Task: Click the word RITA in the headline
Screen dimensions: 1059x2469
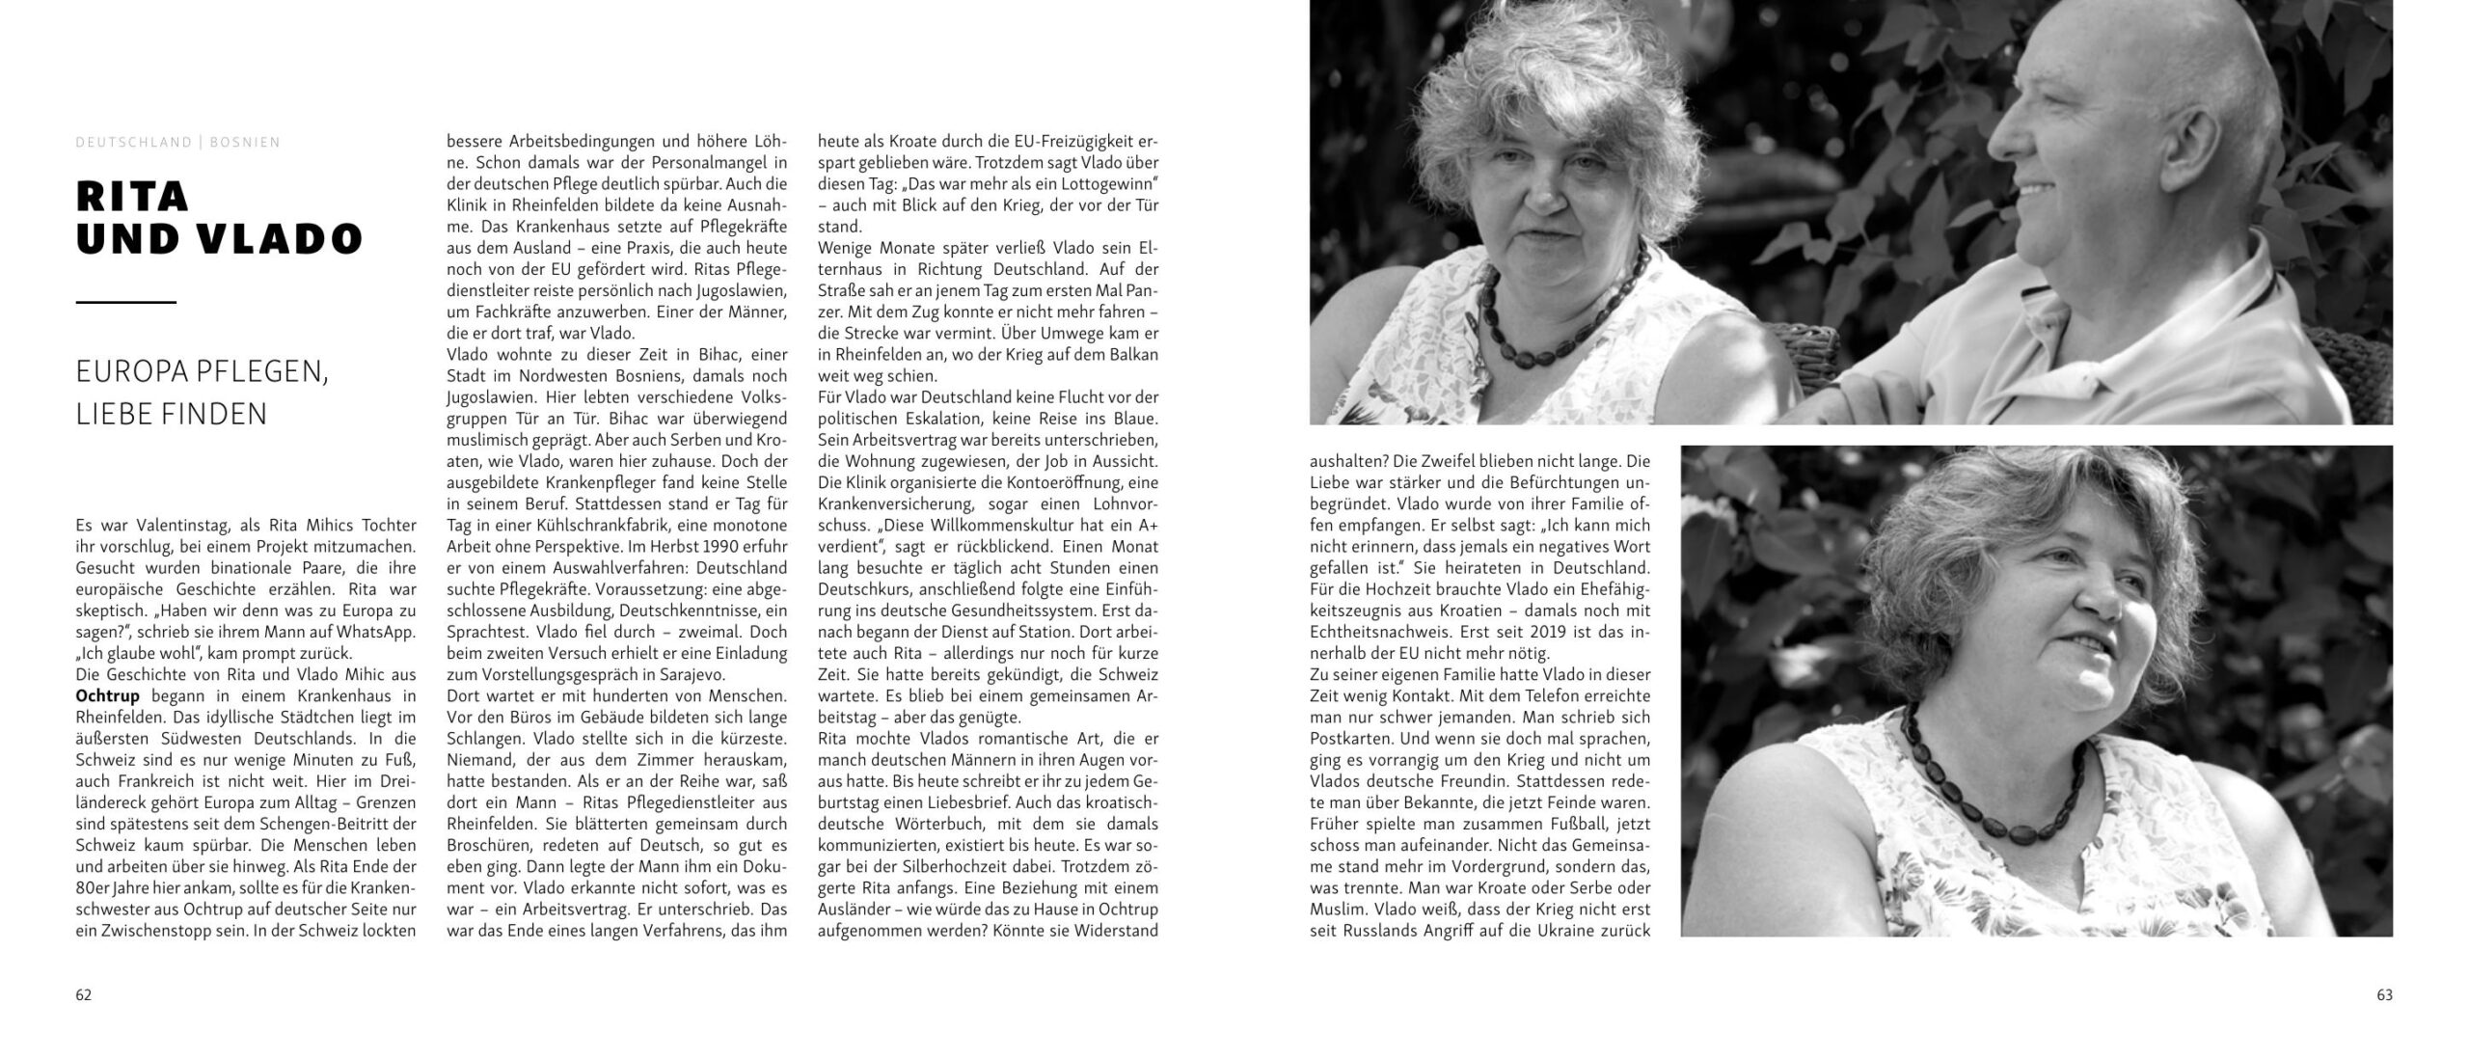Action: click(132, 197)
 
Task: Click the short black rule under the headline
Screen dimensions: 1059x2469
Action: click(125, 303)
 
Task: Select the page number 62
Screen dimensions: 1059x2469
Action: click(84, 995)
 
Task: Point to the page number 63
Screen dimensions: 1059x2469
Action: click(2384, 995)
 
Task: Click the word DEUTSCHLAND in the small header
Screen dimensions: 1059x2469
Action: click(134, 143)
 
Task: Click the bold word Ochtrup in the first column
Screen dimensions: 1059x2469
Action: click(107, 696)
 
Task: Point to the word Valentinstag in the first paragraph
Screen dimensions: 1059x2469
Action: click(180, 526)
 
